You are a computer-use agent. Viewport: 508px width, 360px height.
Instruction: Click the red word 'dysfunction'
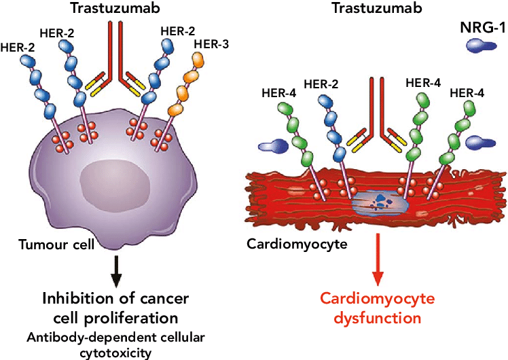click(378, 317)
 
